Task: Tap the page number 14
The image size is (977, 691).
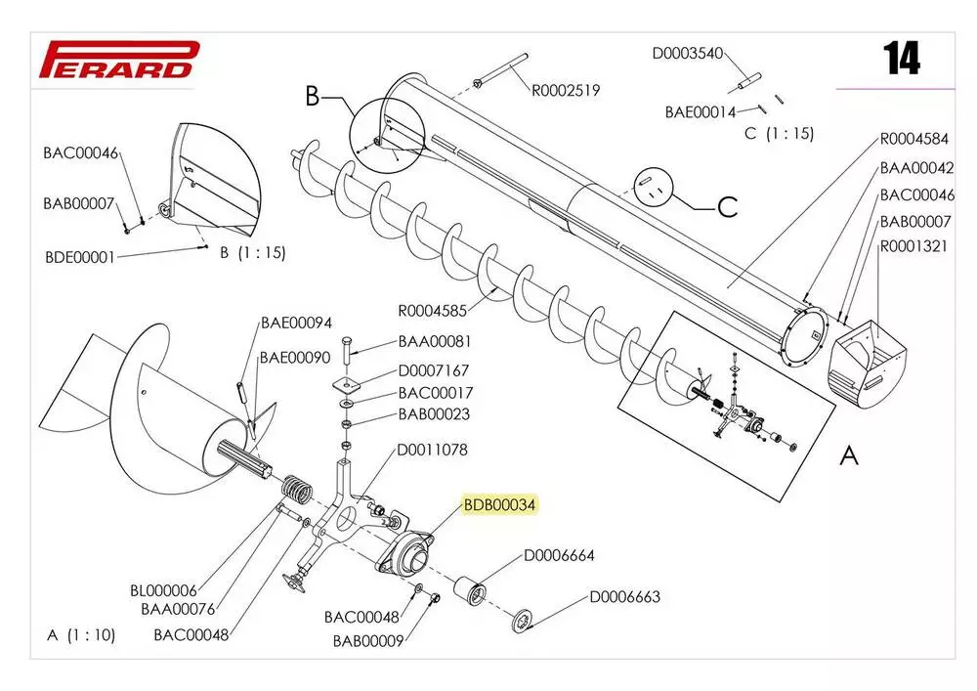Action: tap(901, 60)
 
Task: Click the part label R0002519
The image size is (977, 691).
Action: tap(566, 91)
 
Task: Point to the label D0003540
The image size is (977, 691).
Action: tap(687, 53)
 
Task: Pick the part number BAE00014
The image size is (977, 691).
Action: tap(701, 111)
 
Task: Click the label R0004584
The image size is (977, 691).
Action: tap(913, 139)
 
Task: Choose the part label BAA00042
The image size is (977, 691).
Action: tap(915, 167)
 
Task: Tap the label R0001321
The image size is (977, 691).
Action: tap(913, 246)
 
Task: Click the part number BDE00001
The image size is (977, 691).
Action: tap(80, 258)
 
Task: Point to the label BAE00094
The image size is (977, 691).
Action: tap(296, 324)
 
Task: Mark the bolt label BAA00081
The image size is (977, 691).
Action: tap(435, 342)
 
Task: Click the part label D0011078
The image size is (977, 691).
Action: tap(432, 451)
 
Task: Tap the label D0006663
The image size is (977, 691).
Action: tap(624, 597)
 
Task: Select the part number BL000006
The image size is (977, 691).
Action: tap(164, 591)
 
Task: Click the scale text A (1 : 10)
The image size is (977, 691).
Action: tap(81, 635)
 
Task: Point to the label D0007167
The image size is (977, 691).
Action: tap(433, 370)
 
